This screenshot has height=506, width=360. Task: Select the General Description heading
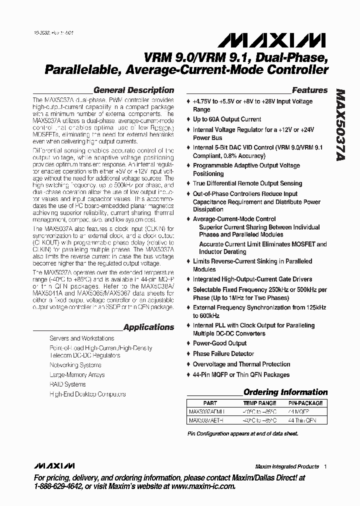click(x=133, y=90)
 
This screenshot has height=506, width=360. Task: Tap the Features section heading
click(x=309, y=90)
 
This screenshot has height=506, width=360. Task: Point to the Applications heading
click(x=148, y=327)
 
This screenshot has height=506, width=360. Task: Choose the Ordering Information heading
click(x=285, y=392)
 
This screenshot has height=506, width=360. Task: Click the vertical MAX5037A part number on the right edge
click(x=340, y=125)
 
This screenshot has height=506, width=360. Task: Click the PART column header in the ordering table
click(x=210, y=403)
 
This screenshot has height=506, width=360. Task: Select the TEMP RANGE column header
click(x=259, y=403)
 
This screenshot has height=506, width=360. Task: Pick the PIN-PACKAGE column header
click(x=305, y=403)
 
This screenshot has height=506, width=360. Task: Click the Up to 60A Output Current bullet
click(x=227, y=119)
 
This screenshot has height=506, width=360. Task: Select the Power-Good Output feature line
click(x=219, y=343)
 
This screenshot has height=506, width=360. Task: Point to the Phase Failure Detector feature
click(x=223, y=354)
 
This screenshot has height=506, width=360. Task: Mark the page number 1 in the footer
click(x=325, y=466)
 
